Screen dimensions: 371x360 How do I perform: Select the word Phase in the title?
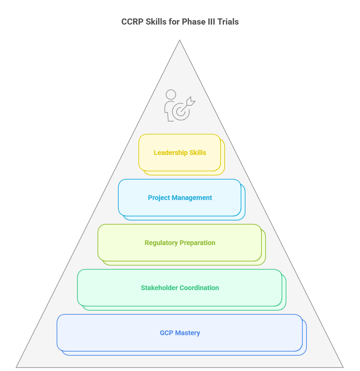click(x=192, y=22)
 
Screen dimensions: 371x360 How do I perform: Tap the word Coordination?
click(x=199, y=288)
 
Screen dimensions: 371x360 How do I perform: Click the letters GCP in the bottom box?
click(x=167, y=333)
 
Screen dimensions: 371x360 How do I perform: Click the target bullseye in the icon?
click(x=181, y=112)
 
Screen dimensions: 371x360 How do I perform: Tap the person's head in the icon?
click(x=171, y=95)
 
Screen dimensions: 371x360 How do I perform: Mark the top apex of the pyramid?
click(x=180, y=41)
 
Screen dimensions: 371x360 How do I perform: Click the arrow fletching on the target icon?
click(x=191, y=101)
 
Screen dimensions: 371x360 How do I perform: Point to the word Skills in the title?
click(x=156, y=22)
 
